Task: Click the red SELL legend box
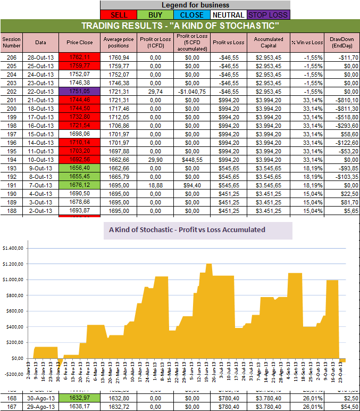click(118, 15)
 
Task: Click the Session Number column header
click(11, 42)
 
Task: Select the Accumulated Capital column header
click(269, 42)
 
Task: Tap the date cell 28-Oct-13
click(41, 57)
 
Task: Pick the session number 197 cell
click(11, 134)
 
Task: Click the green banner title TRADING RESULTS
click(180, 26)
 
